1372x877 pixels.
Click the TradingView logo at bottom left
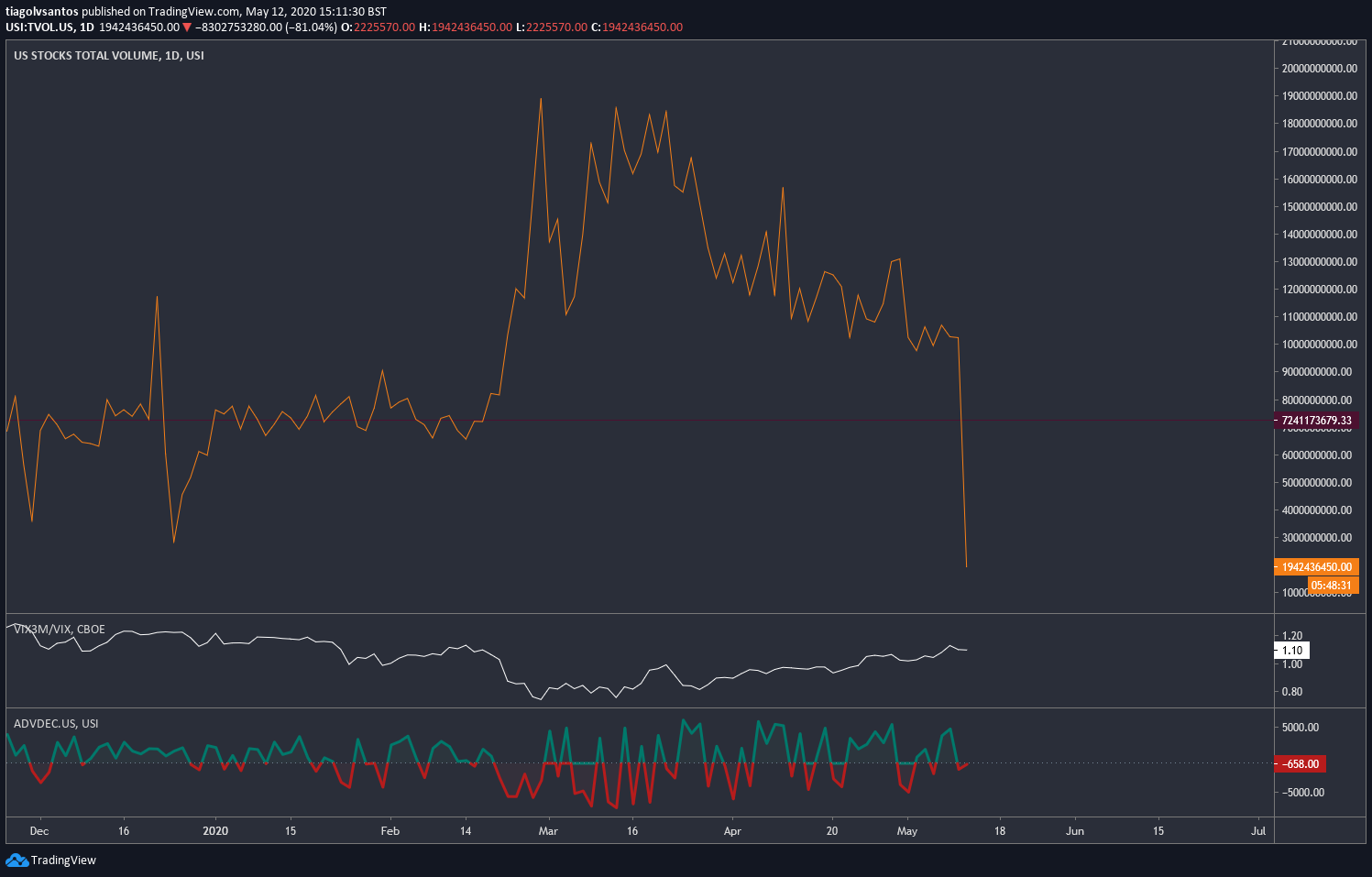(x=50, y=860)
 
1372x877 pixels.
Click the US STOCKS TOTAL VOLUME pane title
(x=108, y=56)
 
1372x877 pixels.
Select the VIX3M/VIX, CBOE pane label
(x=59, y=630)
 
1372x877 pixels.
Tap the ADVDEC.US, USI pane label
(x=56, y=724)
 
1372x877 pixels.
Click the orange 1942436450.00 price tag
(x=1316, y=567)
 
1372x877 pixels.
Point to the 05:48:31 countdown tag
(x=1331, y=586)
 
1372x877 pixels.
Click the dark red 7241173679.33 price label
(x=1316, y=421)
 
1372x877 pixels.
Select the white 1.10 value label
(x=1292, y=651)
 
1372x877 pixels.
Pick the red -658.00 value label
(x=1301, y=764)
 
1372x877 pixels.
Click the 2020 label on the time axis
(x=215, y=831)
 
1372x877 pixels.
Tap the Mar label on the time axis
(x=548, y=831)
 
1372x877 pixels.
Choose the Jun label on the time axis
(x=1075, y=831)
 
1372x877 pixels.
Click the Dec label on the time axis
(x=38, y=831)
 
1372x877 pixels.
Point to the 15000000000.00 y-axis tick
(x=1320, y=207)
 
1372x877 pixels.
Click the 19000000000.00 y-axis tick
(x=1320, y=96)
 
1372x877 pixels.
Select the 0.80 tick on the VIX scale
(x=1291, y=692)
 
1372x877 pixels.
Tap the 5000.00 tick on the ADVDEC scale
(x=1301, y=728)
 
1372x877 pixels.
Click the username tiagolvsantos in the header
(x=42, y=12)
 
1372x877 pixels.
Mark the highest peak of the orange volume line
(x=541, y=99)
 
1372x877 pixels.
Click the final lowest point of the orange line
(x=966, y=566)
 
